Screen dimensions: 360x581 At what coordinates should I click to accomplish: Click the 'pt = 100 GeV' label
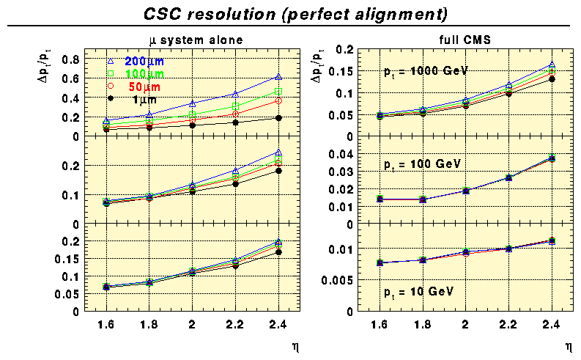[423, 165]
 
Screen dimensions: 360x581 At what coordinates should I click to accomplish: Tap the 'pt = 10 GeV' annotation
[420, 291]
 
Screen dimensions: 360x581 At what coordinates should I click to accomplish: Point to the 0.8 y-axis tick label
[70, 59]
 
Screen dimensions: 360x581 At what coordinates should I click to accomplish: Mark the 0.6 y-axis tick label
[70, 79]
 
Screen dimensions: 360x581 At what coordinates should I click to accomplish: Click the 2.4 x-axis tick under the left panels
[278, 323]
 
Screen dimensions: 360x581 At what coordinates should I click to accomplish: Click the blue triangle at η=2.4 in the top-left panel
[278, 76]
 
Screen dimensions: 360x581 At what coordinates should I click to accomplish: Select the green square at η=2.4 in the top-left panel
[278, 92]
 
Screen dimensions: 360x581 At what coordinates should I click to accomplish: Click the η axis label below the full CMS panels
[568, 343]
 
